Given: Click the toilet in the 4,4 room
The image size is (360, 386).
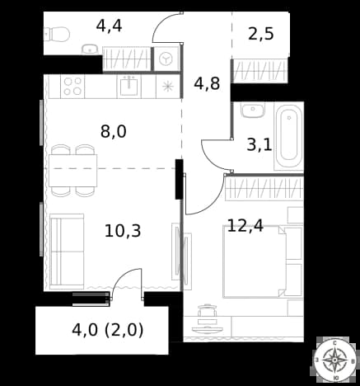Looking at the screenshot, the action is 57,34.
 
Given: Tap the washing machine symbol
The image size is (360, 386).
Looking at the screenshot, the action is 166,59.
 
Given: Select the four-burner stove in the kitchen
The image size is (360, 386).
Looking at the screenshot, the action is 72,87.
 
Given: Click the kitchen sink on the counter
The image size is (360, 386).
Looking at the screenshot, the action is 129,87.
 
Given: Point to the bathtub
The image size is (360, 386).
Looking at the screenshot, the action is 288,137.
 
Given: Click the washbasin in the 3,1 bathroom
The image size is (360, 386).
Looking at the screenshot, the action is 253,111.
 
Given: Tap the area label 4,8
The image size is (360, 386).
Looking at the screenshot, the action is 207,83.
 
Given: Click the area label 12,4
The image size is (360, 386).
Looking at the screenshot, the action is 245,225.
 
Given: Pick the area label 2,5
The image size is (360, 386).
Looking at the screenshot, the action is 261,34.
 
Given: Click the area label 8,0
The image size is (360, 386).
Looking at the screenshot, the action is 114,131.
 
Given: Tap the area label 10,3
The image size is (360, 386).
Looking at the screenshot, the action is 123,231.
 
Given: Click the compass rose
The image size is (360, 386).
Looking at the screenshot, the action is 334,360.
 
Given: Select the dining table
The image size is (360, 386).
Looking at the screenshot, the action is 73,171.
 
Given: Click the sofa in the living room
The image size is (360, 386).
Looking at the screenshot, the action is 67,252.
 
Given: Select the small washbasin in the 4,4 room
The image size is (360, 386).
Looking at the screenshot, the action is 90,49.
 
